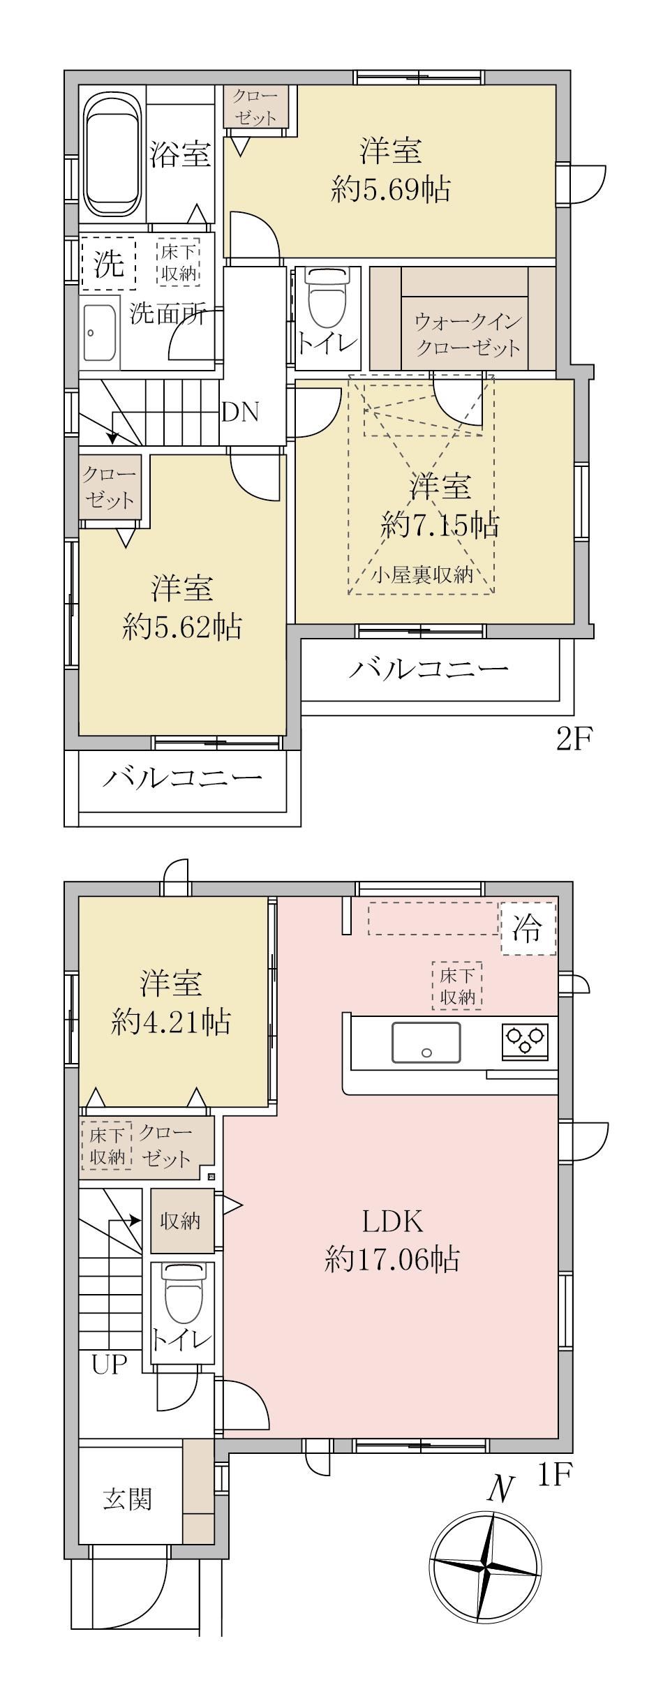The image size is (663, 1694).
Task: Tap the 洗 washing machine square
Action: click(x=109, y=264)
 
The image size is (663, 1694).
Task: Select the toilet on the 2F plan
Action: click(x=328, y=298)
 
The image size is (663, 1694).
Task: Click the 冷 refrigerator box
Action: click(x=528, y=928)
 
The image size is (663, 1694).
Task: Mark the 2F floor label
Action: click(x=574, y=738)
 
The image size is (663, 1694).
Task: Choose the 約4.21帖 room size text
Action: click(x=171, y=1023)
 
